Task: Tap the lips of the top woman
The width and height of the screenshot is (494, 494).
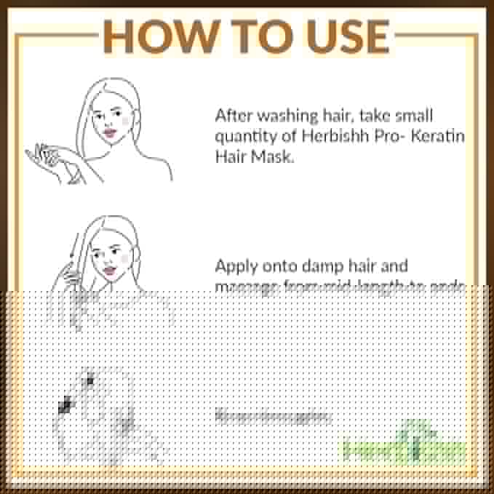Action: click(x=110, y=132)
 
